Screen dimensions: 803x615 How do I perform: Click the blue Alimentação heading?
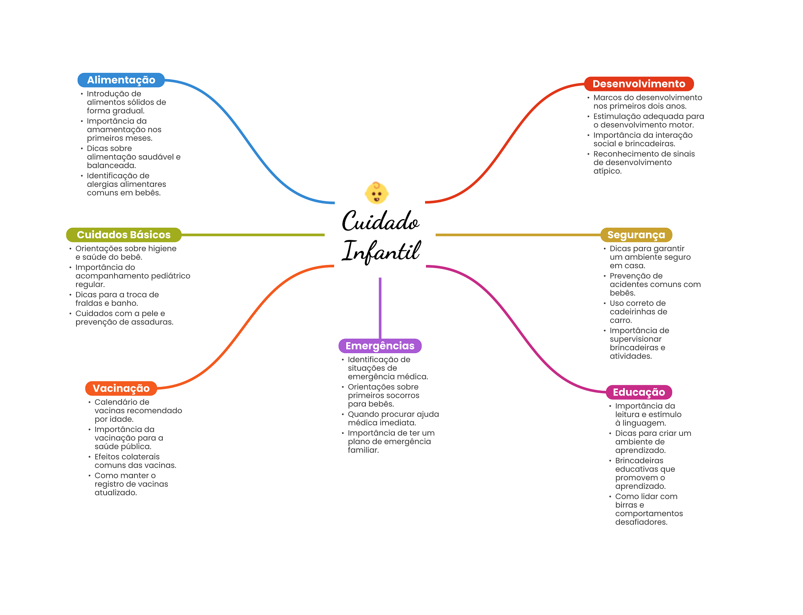[121, 80]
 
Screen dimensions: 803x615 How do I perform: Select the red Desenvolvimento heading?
[639, 84]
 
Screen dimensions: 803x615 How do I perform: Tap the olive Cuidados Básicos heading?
[124, 235]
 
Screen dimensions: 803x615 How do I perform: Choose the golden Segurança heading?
[636, 235]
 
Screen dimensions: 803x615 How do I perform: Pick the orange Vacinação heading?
[121, 388]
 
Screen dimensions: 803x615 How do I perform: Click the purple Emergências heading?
[380, 346]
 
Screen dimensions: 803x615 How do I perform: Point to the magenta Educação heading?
[639, 392]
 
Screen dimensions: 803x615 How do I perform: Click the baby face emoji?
[377, 193]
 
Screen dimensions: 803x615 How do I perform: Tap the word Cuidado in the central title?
[380, 221]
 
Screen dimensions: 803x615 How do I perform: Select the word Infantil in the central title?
[381, 251]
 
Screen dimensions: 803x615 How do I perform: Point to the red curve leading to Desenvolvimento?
[505, 143]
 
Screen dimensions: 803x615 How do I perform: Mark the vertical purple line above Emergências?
[380, 308]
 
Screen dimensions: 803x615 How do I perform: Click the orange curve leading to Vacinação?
[245, 327]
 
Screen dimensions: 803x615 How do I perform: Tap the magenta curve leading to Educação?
[516, 329]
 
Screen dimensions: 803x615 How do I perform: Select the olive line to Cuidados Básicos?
[253, 235]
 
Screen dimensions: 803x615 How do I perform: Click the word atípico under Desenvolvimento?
[607, 171]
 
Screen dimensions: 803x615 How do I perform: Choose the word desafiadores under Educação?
[641, 522]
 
